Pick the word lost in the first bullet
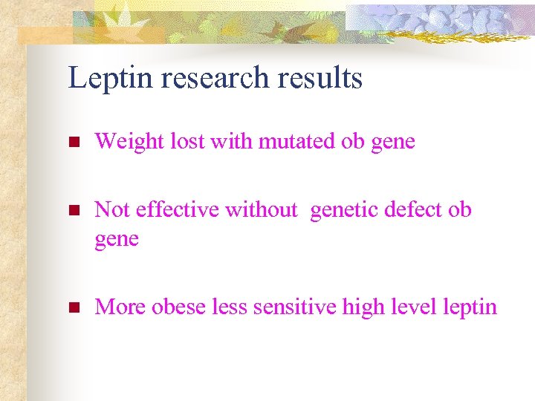(187, 141)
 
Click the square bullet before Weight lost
(73, 141)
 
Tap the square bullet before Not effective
(73, 210)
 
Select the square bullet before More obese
(73, 307)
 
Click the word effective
(178, 210)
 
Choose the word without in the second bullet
(261, 210)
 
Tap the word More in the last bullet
(120, 307)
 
